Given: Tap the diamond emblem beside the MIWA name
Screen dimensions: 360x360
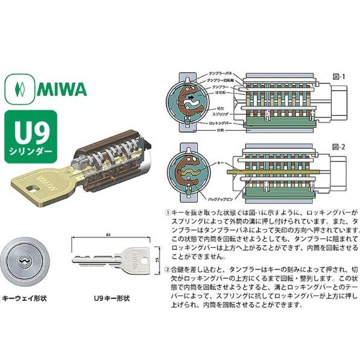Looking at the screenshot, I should [21, 90].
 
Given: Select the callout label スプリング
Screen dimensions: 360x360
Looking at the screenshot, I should [218, 113].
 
